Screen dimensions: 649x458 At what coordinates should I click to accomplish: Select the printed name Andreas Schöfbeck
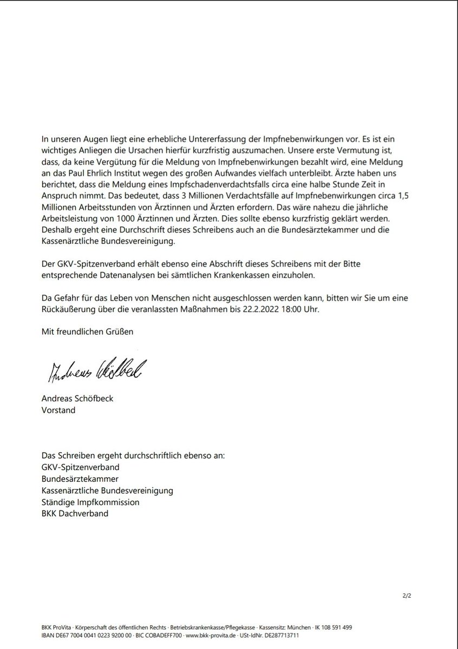coord(77,399)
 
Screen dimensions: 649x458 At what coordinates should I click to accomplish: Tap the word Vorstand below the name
coord(58,410)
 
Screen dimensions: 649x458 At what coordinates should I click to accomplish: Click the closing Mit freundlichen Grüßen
coord(87,332)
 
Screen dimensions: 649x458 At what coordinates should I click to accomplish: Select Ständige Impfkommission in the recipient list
coord(90,502)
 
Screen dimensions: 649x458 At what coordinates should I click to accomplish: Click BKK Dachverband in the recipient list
coord(75,513)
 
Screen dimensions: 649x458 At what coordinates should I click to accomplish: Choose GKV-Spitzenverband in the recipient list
coord(81,466)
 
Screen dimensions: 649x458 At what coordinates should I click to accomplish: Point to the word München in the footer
coord(298,627)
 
